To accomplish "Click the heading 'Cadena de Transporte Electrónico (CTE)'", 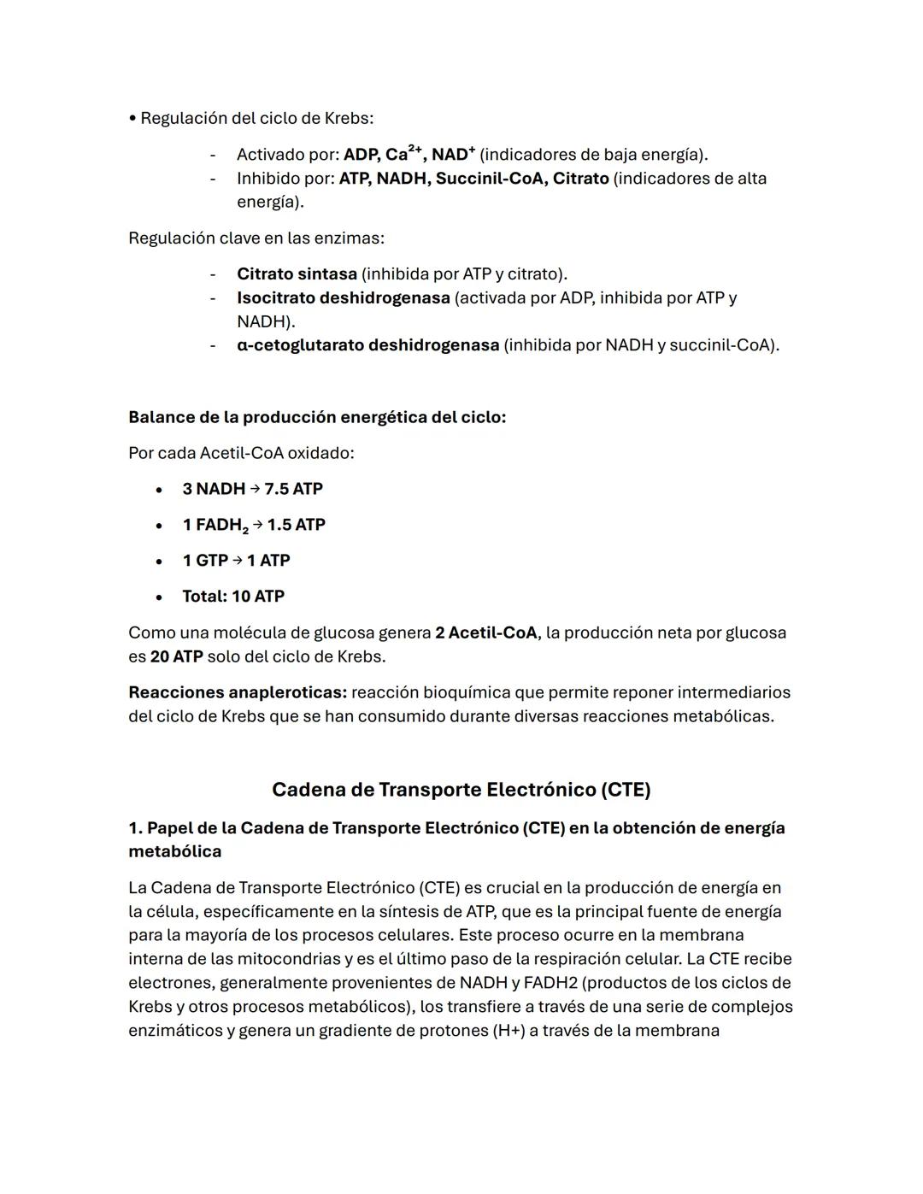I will [461, 790].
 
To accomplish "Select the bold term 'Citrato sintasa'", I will [297, 274].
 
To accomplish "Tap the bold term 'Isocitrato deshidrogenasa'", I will [343, 298].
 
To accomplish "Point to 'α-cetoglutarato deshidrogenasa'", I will [367, 345].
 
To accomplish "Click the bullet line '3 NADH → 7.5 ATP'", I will [252, 489].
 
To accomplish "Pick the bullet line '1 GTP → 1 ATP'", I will [236, 561].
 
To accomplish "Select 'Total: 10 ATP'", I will [232, 597].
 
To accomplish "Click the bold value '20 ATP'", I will [176, 657].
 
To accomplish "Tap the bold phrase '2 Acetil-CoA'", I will [485, 633].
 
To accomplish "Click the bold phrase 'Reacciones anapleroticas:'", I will [238, 692].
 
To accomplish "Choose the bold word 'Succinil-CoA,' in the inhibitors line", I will [491, 179].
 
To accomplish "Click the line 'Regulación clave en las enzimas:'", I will [256, 238].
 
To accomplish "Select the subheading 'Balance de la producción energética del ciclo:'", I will [317, 418].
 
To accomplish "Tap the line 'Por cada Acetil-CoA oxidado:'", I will [241, 453].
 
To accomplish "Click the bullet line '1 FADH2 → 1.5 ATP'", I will [254, 525].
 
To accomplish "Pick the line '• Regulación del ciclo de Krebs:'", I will [250, 118].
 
